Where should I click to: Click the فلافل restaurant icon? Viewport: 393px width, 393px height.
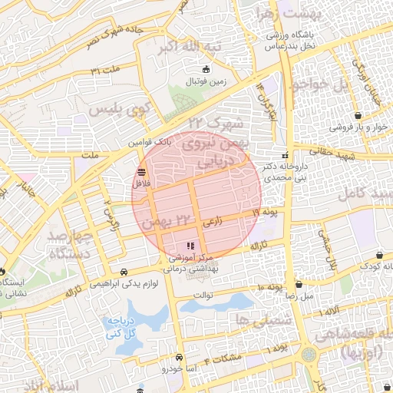click(141, 171)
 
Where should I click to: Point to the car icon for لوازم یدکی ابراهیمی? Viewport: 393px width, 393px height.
click(124, 272)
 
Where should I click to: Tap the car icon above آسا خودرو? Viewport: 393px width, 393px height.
click(179, 357)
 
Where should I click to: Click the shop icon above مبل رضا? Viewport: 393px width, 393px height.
click(299, 284)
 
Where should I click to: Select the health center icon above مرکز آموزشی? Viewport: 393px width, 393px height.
click(190, 246)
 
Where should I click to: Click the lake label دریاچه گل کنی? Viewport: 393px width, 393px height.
click(119, 328)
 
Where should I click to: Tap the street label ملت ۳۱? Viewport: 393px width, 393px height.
click(106, 71)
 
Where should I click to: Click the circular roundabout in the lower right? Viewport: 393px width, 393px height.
click(309, 355)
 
